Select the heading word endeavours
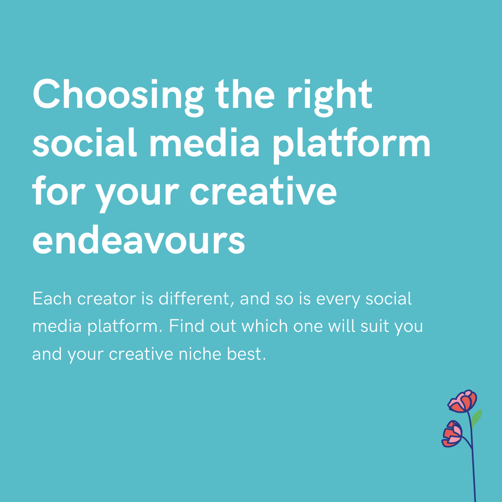(139, 241)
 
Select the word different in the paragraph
(196, 299)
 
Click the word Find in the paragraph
(184, 326)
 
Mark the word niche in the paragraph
(215, 354)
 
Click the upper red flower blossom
(462, 401)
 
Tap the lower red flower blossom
(452, 434)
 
